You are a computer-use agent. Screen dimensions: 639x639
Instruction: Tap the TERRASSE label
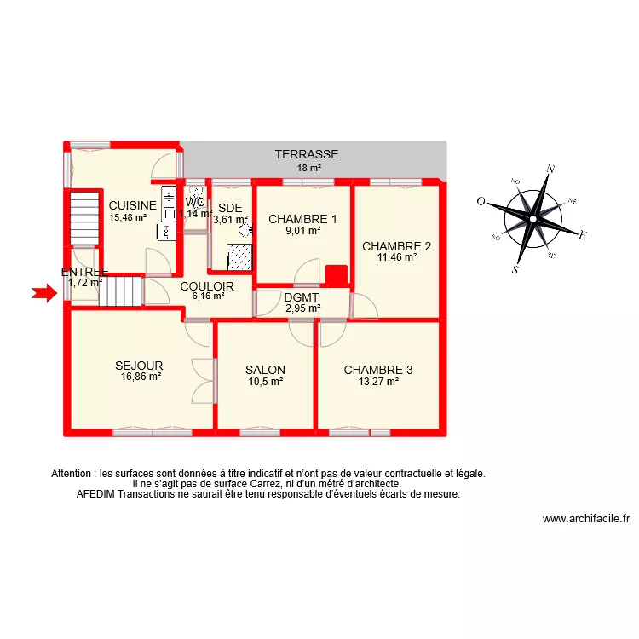307,155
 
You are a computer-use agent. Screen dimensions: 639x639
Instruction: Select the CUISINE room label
132,205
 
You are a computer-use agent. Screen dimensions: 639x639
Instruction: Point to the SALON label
265,370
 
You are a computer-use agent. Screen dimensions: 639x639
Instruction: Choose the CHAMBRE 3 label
378,370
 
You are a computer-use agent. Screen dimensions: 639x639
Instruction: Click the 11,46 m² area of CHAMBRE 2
397,256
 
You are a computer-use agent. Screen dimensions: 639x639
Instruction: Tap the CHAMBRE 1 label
302,219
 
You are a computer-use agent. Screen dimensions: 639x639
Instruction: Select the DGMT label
302,296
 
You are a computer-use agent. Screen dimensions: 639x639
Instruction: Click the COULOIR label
207,286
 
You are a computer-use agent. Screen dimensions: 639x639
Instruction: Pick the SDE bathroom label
230,208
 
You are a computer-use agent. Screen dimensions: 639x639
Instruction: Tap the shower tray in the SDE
239,256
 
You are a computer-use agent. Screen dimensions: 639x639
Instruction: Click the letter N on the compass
550,169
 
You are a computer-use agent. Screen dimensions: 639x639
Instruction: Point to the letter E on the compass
583,235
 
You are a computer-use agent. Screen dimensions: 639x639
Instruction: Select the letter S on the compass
515,269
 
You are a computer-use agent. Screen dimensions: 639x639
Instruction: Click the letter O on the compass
481,202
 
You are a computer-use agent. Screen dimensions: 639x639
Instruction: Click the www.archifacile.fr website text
585,518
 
